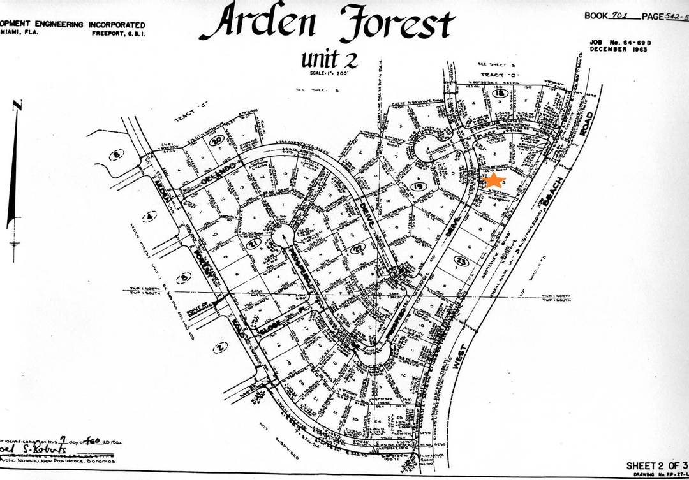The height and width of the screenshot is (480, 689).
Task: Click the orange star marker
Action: click(494, 180)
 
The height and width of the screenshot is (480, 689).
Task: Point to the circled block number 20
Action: click(218, 140)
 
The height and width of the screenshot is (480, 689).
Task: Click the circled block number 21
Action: click(253, 244)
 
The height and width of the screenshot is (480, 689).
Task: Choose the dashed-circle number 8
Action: click(117, 154)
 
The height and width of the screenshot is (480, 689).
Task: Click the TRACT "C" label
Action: click(189, 118)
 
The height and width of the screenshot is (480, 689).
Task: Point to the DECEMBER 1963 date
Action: click(619, 48)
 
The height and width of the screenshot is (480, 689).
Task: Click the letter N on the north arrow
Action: click(18, 105)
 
